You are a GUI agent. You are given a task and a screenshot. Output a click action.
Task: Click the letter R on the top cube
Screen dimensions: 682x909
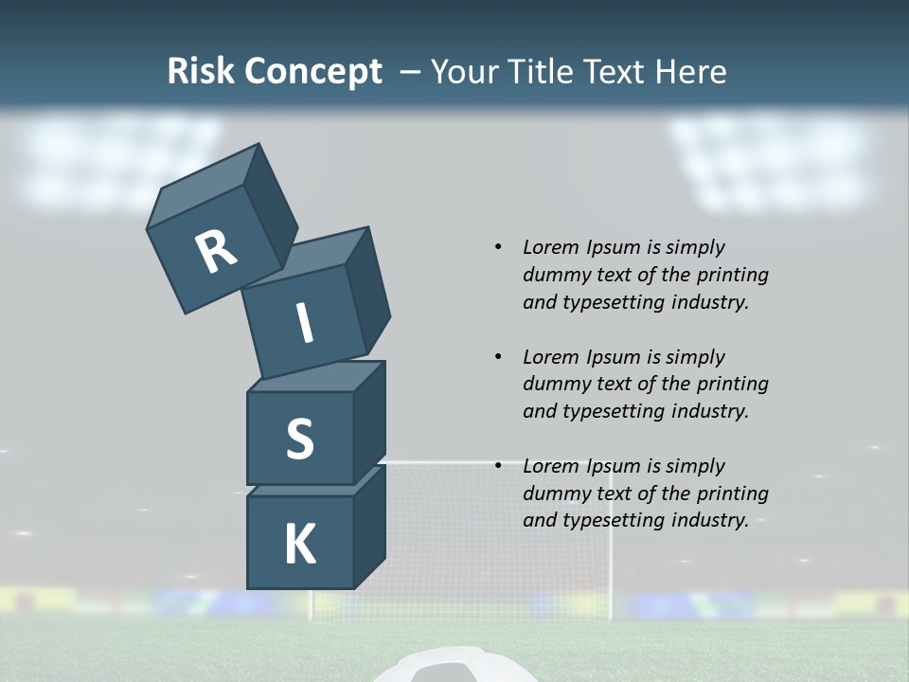[x=216, y=251]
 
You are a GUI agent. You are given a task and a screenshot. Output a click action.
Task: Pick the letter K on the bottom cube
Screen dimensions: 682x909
[x=299, y=545]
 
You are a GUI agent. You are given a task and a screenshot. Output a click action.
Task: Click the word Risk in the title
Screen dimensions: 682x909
[x=199, y=71]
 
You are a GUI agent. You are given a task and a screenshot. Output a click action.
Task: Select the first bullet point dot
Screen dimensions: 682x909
[x=498, y=247]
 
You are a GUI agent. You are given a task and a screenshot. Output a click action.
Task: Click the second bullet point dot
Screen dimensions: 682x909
[x=498, y=357]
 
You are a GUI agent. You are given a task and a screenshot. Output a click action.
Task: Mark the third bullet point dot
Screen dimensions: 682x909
[x=498, y=466]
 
